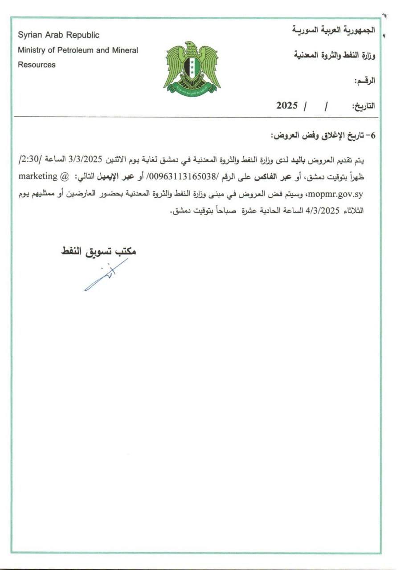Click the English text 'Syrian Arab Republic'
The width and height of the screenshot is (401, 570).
click(x=58, y=35)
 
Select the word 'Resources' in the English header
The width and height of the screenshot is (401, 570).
click(x=37, y=65)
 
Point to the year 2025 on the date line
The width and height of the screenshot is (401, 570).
click(x=286, y=106)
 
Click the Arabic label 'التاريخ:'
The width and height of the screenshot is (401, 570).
click(x=364, y=106)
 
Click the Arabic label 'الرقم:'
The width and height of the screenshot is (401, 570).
click(x=364, y=81)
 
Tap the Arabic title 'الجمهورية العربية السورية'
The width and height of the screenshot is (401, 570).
click(x=334, y=30)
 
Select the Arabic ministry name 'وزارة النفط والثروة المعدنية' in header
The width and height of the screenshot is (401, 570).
click(x=333, y=56)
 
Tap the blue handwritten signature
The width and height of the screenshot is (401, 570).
click(x=105, y=276)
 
